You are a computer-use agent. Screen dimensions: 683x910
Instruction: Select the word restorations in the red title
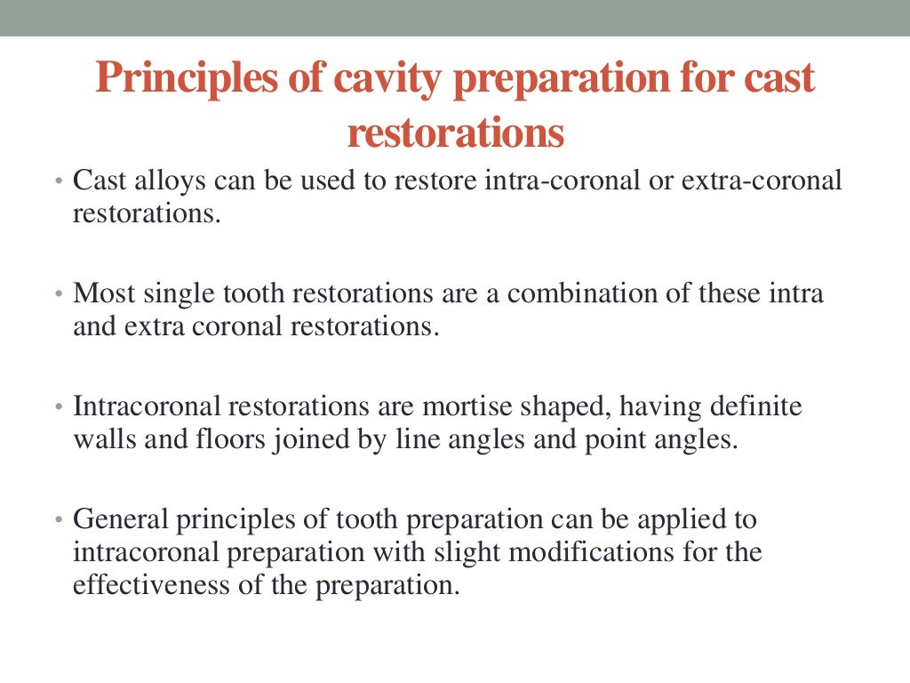(455, 133)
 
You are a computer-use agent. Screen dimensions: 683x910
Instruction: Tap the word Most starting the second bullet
(98, 293)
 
